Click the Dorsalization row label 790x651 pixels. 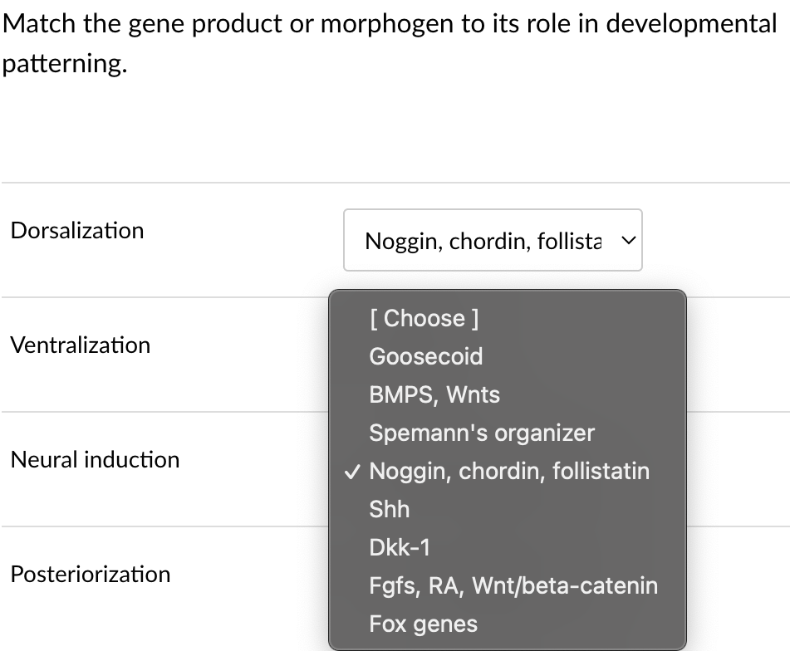pyautogui.click(x=77, y=230)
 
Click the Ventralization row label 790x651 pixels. pyautogui.click(x=81, y=345)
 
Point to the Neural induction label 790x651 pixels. pyautogui.click(x=95, y=459)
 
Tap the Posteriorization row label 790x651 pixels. pyautogui.click(x=91, y=574)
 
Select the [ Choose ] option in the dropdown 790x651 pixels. pyautogui.click(x=424, y=318)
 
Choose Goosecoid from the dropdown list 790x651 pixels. pyautogui.click(x=426, y=356)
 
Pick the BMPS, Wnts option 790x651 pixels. pyautogui.click(x=434, y=394)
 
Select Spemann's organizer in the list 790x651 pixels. pyautogui.click(x=482, y=433)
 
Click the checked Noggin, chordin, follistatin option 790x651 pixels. pyautogui.click(x=509, y=471)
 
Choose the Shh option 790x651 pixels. pyautogui.click(x=390, y=509)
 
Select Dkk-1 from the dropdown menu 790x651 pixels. pyautogui.click(x=400, y=547)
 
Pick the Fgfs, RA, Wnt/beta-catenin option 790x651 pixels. pyautogui.click(x=513, y=585)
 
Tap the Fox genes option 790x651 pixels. pyautogui.click(x=424, y=624)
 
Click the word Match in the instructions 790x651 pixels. pyautogui.click(x=39, y=23)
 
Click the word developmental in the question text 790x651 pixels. pyautogui.click(x=691, y=23)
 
